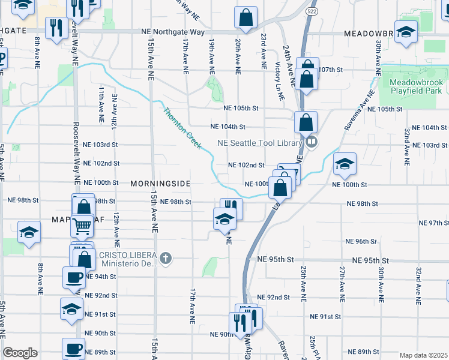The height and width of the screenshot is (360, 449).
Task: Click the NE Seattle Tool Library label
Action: coord(261,142)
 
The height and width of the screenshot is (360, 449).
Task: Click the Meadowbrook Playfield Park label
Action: coord(415,86)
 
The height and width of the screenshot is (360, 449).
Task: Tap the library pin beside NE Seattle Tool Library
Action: coord(312,142)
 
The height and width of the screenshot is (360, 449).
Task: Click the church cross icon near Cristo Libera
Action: coord(166,259)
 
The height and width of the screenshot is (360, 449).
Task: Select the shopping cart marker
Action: coord(82,226)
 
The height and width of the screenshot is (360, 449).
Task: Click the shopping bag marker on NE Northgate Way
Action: coord(246,18)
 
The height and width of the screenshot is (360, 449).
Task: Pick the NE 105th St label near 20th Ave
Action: coord(240,108)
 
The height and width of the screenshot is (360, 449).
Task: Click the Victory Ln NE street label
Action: coord(278,74)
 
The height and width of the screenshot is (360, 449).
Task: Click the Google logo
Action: coord(20,353)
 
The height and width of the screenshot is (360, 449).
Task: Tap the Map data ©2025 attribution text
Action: coord(423,355)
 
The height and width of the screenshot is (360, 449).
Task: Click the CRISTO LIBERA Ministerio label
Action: coord(128,259)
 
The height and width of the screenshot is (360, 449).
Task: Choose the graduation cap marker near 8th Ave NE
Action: coord(29,232)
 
